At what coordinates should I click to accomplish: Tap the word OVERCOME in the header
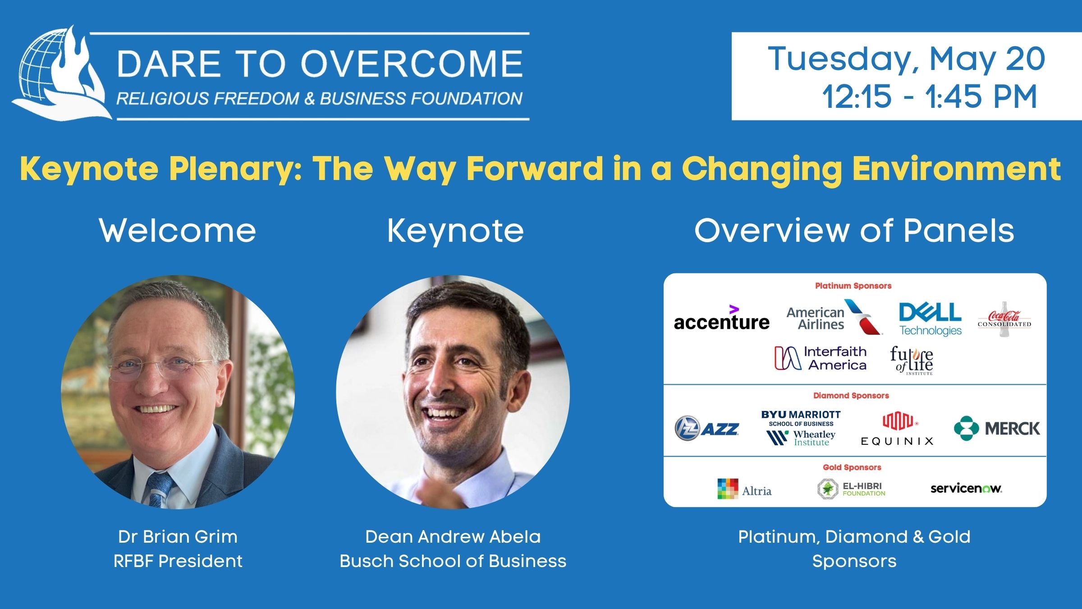click(x=412, y=63)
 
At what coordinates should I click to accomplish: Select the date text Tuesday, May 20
click(x=906, y=59)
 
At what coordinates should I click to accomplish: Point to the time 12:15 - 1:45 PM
click(x=929, y=97)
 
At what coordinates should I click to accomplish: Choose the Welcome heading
click(x=178, y=231)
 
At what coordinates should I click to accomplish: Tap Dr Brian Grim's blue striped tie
click(x=160, y=489)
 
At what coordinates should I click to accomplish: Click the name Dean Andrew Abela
click(x=453, y=537)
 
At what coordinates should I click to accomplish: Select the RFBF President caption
click(x=178, y=561)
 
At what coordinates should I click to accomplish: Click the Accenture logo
click(x=721, y=318)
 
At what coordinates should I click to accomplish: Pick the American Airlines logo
click(x=834, y=318)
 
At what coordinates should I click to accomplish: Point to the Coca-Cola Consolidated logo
click(x=1004, y=319)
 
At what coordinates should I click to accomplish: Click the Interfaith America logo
click(x=821, y=358)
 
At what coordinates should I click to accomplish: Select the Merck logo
click(x=997, y=428)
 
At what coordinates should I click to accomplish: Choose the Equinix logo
click(x=897, y=429)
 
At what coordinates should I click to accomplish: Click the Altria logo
click(x=744, y=489)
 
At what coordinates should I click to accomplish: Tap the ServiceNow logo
click(x=966, y=489)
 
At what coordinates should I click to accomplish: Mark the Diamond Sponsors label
click(x=851, y=396)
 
